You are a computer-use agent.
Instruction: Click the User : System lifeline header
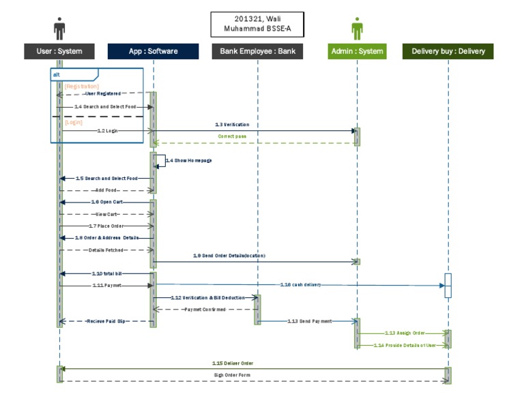(x=59, y=51)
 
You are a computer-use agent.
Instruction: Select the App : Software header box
(x=153, y=51)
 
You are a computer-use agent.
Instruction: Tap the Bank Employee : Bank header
(x=257, y=51)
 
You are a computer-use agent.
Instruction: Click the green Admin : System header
(x=357, y=51)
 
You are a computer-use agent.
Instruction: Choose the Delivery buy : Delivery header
(x=448, y=51)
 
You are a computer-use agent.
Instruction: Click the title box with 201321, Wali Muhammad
(x=257, y=24)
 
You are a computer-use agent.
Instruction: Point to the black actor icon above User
(x=59, y=29)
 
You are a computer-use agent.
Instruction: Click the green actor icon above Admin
(x=357, y=29)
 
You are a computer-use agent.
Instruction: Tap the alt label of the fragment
(x=57, y=74)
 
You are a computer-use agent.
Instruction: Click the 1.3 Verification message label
(x=232, y=125)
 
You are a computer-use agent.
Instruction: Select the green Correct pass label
(x=232, y=136)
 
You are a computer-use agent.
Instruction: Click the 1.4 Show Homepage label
(x=188, y=160)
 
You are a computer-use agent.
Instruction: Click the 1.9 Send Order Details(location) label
(x=229, y=256)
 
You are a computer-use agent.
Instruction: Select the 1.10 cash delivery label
(x=300, y=284)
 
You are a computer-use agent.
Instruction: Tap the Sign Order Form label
(x=233, y=375)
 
